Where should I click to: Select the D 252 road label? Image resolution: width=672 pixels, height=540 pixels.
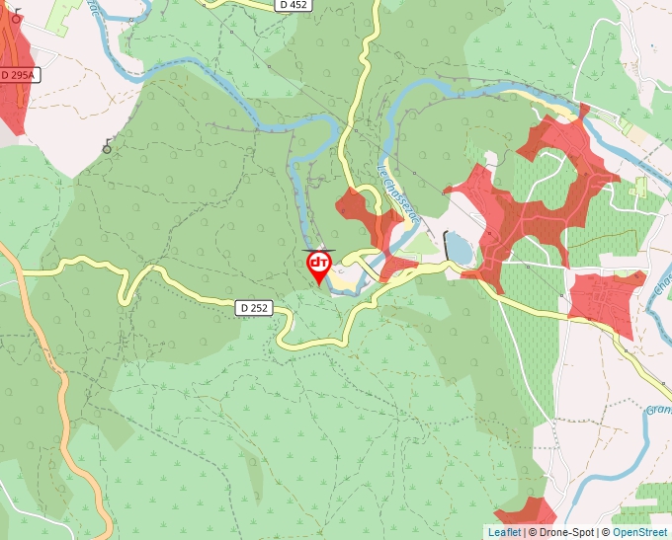(x=254, y=308)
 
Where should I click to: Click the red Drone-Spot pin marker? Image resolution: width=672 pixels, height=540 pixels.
(x=319, y=266)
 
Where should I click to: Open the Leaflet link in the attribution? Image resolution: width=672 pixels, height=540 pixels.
(x=504, y=532)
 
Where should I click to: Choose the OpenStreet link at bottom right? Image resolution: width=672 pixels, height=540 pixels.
(x=641, y=532)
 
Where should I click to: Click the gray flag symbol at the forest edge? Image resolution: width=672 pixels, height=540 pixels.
(x=106, y=147)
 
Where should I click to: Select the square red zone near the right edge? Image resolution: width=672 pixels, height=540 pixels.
(x=605, y=300)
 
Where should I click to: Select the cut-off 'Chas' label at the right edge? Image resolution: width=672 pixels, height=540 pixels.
(x=661, y=287)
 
